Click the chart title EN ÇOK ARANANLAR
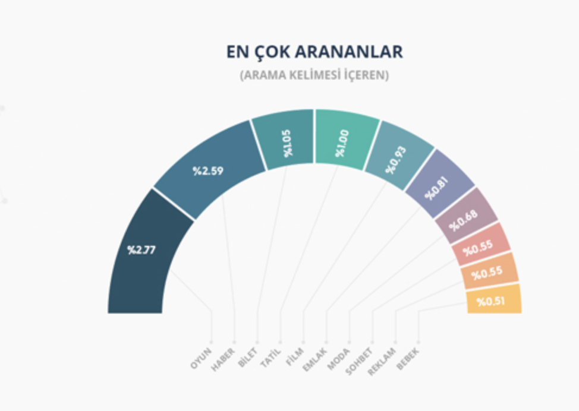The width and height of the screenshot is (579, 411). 314,52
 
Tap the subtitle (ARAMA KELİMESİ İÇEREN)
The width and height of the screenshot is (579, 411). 314,76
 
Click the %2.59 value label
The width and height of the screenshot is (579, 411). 207,171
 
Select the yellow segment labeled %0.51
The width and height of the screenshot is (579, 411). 492,301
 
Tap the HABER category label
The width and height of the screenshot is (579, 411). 224,359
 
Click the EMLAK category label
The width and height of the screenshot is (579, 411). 315,359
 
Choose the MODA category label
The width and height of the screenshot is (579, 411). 339,358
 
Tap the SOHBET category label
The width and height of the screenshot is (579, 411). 359,360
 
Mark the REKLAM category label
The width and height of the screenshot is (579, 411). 382,361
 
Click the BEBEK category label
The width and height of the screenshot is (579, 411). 408,359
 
